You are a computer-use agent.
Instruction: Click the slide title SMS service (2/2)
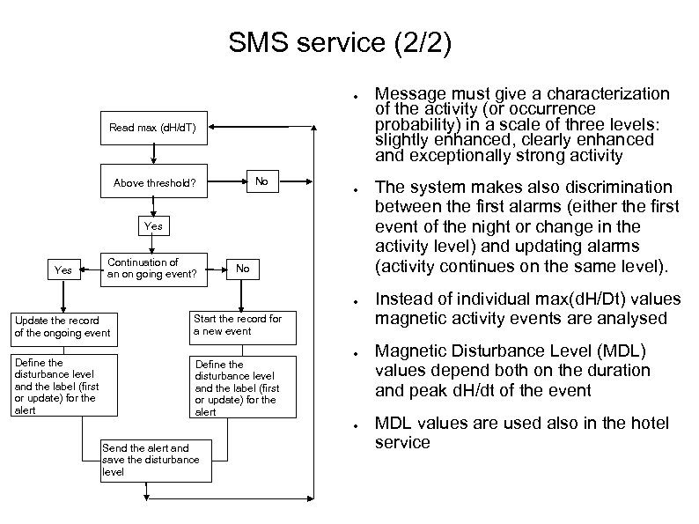tap(340, 43)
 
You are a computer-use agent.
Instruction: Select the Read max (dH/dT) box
tap(153, 128)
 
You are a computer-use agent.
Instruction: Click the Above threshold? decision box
tap(153, 183)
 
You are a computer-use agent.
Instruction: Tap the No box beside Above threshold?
tap(261, 182)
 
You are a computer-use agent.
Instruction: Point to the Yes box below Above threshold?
tap(153, 226)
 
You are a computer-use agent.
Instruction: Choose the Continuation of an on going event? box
tap(155, 268)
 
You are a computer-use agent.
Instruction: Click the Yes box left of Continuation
tap(63, 269)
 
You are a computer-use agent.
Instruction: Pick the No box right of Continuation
tap(243, 269)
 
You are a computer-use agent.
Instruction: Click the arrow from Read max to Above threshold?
tap(153, 154)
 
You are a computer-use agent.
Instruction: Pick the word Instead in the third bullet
tap(403, 299)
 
